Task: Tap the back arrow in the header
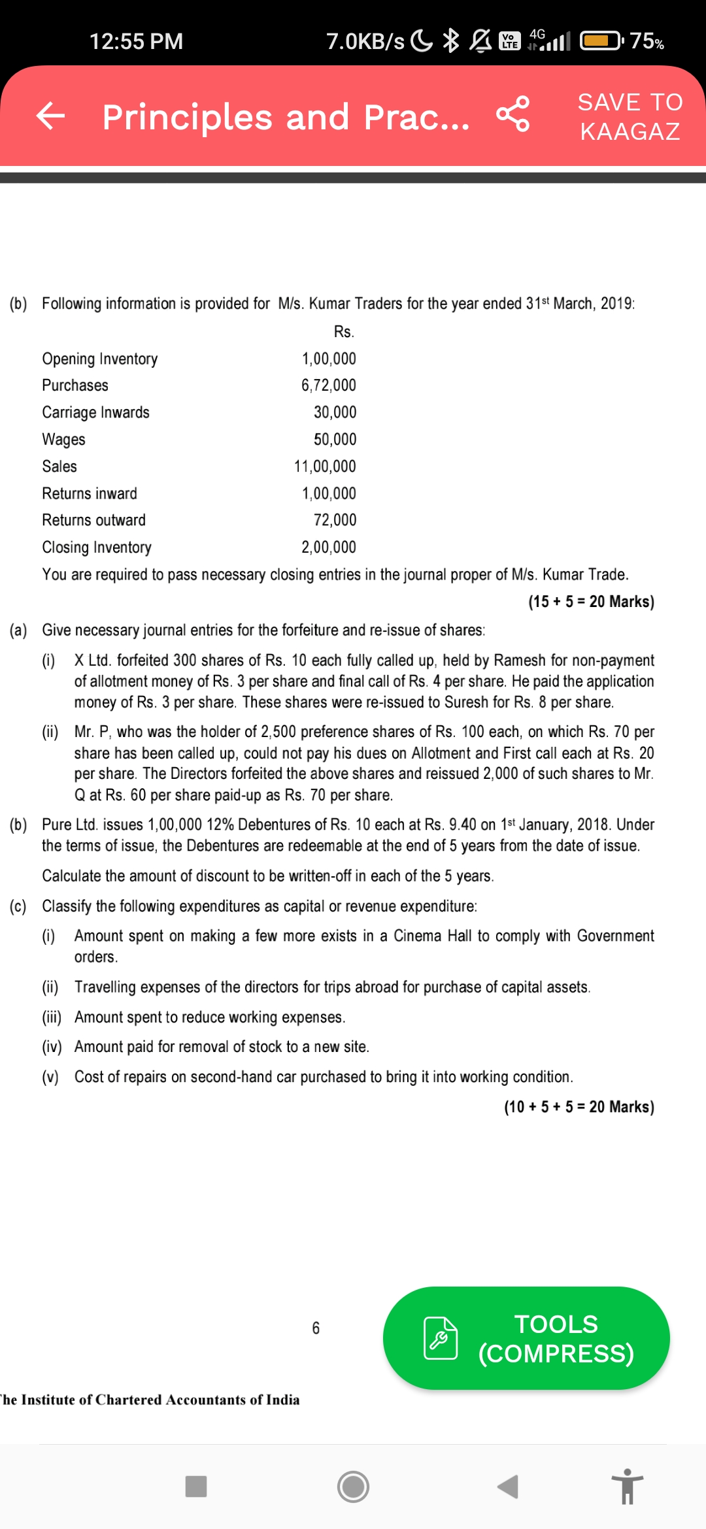51,116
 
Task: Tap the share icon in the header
513,114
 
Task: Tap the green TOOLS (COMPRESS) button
526,1338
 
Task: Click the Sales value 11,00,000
325,467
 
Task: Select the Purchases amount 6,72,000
329,386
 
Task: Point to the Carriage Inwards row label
95,412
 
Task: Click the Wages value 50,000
335,439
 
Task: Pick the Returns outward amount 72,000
335,520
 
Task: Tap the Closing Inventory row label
97,548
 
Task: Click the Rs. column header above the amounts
344,332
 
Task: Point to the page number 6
316,1328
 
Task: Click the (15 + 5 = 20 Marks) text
591,602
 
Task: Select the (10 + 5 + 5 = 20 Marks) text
579,1107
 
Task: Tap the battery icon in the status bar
602,41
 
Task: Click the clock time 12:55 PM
136,42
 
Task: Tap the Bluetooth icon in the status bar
451,41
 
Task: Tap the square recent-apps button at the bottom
196,1487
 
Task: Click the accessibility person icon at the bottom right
628,1487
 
